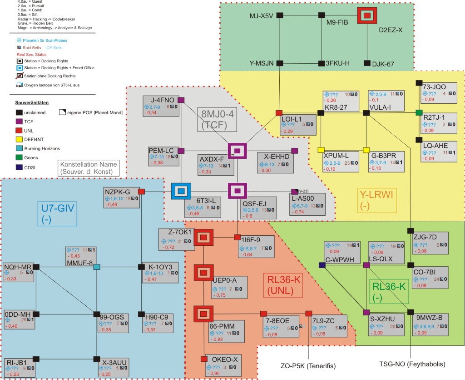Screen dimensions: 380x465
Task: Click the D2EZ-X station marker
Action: [367, 15]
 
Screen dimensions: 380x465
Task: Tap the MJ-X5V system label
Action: [261, 15]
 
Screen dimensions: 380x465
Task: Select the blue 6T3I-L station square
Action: [181, 191]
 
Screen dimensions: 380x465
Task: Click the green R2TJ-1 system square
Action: [419, 112]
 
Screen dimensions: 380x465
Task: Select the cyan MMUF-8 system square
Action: [96, 267]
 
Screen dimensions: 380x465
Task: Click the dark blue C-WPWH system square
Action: [322, 265]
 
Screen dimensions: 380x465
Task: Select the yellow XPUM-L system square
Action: [321, 150]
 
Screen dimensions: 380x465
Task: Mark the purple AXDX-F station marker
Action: [237, 151]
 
